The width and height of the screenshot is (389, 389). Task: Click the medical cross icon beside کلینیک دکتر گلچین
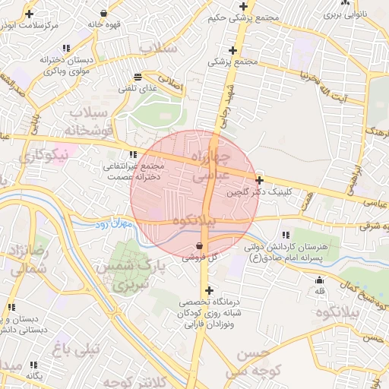pos(260,181)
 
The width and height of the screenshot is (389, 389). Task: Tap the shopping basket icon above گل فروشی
pos(200,246)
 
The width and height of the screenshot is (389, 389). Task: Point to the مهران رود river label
pos(114,224)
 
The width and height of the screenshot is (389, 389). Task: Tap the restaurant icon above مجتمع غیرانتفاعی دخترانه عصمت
pos(134,154)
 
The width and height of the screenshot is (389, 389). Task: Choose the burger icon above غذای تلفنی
pos(138,77)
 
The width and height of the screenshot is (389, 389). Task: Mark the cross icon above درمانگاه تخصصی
pos(209,290)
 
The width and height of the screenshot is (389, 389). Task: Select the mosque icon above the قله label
pos(319,280)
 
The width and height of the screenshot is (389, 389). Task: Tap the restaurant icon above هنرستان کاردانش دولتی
pos(286,236)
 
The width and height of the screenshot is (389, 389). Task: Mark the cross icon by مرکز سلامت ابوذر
pos(29,14)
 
